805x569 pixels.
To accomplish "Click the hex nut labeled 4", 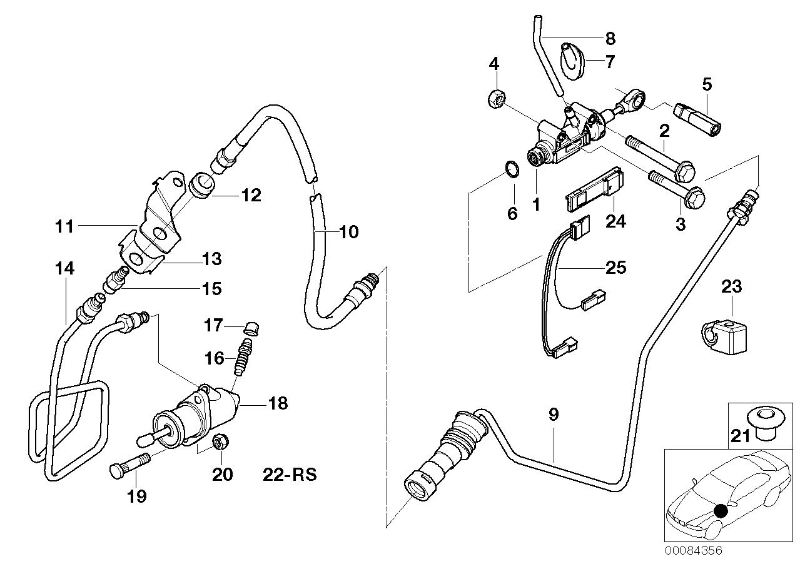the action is [x=497, y=98].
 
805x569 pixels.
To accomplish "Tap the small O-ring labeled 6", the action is [x=512, y=169].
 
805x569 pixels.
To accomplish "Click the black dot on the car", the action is [x=721, y=510].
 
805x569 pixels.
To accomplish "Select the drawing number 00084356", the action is [x=693, y=560].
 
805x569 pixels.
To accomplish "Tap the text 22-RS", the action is [x=290, y=475].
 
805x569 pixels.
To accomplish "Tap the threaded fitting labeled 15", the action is [x=115, y=279].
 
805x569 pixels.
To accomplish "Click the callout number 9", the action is [x=554, y=415].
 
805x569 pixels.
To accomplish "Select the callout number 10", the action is [x=348, y=232].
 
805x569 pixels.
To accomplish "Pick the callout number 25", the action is [x=616, y=268].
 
